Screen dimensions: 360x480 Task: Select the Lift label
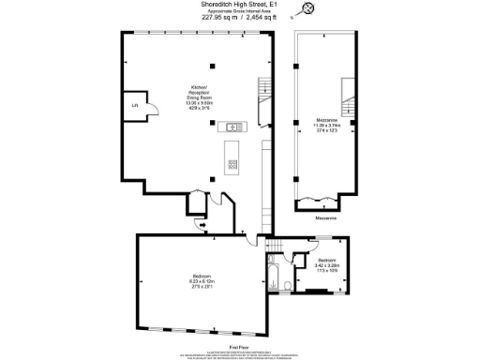click(134, 105)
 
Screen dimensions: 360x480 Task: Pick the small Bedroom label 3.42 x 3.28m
click(326, 263)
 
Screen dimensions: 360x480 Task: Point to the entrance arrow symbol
click(204, 226)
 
